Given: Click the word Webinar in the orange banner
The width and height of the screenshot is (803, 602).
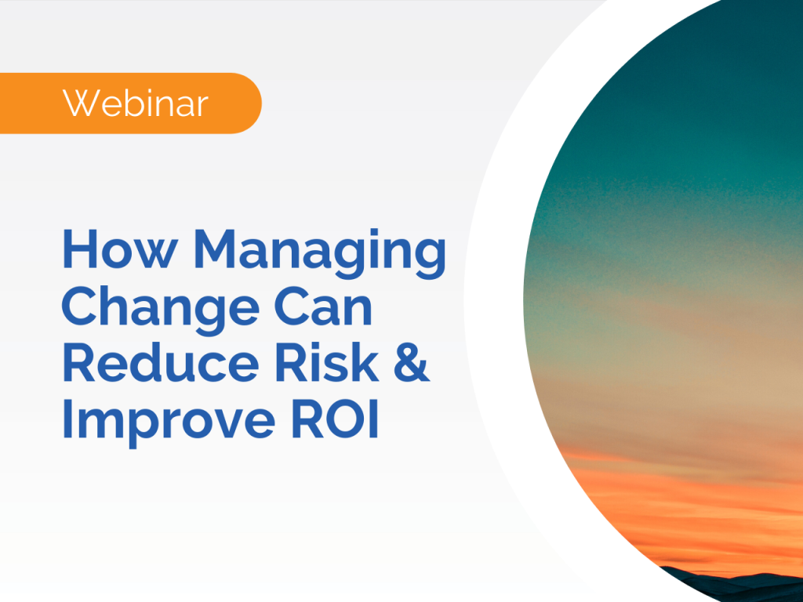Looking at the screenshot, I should point(136,103).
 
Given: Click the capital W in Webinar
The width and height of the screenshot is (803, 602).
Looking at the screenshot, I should point(80,103).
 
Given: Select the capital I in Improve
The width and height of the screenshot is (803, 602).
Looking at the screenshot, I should point(67,419).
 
